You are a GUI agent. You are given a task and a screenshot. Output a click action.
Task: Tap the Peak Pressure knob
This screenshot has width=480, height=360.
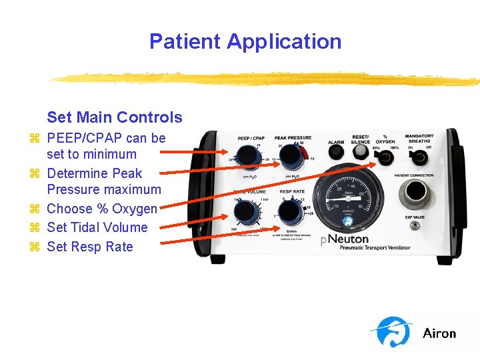292,157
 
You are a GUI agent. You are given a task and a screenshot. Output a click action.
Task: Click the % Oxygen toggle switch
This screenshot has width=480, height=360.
385,158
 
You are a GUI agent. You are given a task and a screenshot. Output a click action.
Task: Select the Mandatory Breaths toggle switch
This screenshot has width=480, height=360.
419,158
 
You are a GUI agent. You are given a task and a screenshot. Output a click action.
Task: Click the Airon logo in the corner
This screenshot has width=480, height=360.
414,333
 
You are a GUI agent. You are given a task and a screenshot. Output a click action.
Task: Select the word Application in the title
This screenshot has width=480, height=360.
284,41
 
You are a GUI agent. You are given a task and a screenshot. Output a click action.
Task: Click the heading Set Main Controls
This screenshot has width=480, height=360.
114,117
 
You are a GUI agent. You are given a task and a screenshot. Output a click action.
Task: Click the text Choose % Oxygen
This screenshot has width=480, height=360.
101,209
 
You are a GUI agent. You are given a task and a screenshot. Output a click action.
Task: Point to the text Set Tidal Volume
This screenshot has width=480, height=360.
97,227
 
